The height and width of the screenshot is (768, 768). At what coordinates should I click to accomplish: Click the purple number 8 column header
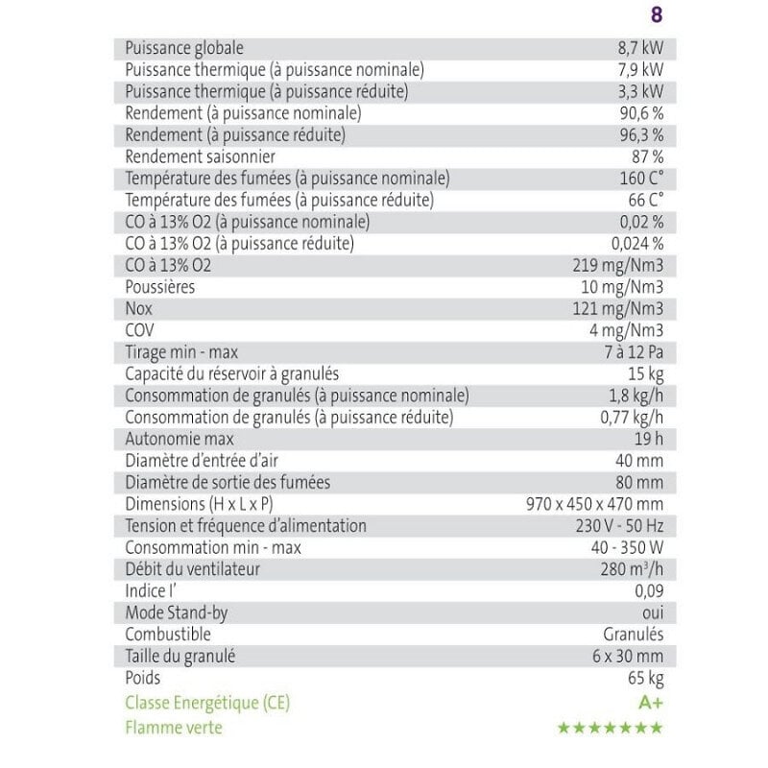tap(657, 15)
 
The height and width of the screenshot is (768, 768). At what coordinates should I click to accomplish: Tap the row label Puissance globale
tap(184, 48)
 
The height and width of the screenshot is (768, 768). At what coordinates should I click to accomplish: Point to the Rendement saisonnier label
tap(201, 156)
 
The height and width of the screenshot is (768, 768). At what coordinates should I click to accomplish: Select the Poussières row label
tap(160, 287)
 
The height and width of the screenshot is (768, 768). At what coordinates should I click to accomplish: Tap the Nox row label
tap(139, 308)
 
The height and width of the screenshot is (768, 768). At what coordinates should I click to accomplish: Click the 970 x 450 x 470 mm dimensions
tap(595, 504)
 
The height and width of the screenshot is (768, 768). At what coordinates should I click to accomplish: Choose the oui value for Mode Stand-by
tap(652, 612)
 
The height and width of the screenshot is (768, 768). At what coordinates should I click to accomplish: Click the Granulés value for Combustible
tap(633, 635)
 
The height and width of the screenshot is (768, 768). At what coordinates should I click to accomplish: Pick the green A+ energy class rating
tap(651, 703)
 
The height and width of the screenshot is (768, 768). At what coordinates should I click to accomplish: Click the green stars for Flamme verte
tap(611, 728)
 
